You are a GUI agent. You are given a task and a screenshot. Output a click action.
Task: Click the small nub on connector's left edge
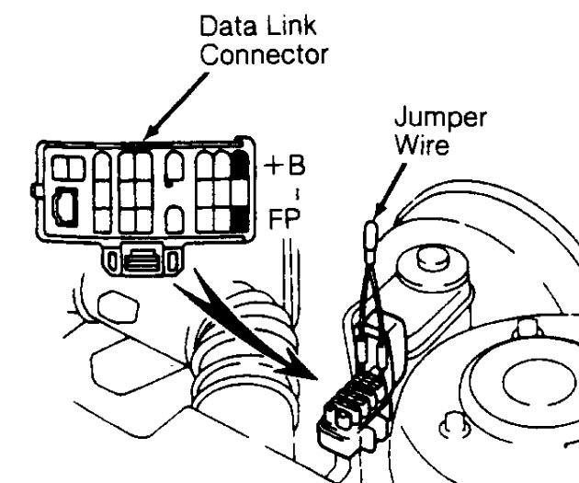pyautogui.click(x=34, y=190)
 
